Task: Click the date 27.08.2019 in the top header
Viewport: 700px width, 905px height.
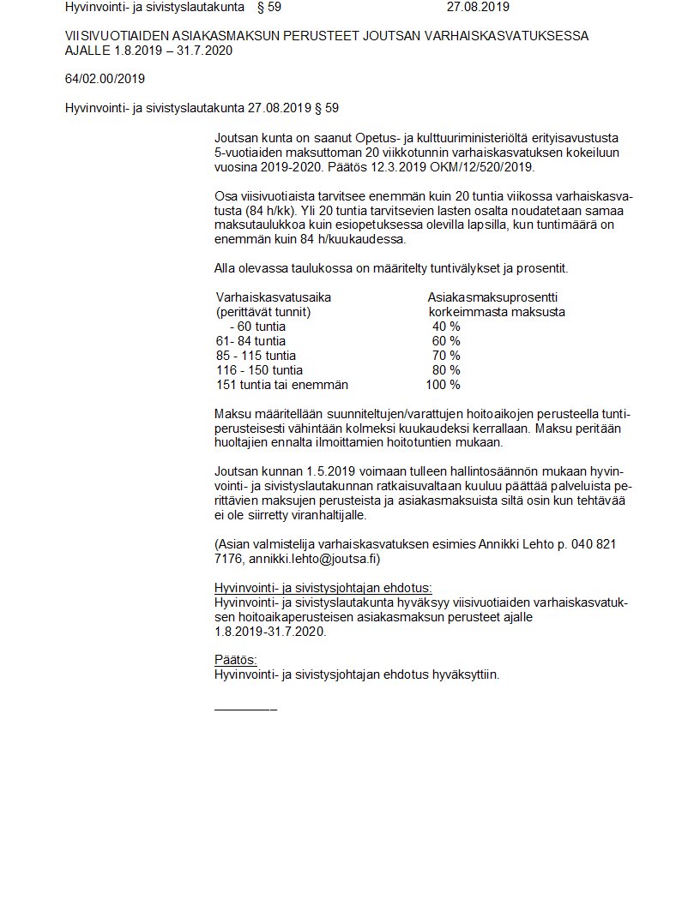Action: click(478, 7)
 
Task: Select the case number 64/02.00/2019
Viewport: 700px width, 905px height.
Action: click(105, 79)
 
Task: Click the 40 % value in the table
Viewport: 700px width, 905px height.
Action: click(446, 327)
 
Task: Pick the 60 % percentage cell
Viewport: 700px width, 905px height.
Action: click(446, 341)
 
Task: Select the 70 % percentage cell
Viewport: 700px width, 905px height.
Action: click(446, 356)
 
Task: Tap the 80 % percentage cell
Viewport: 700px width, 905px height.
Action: click(446, 370)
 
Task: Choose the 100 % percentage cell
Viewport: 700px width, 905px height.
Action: click(443, 385)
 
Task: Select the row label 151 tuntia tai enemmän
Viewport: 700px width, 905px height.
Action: click(281, 385)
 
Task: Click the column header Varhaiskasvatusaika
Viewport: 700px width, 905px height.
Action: click(273, 297)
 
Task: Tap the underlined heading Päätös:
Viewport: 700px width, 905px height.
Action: click(235, 660)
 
